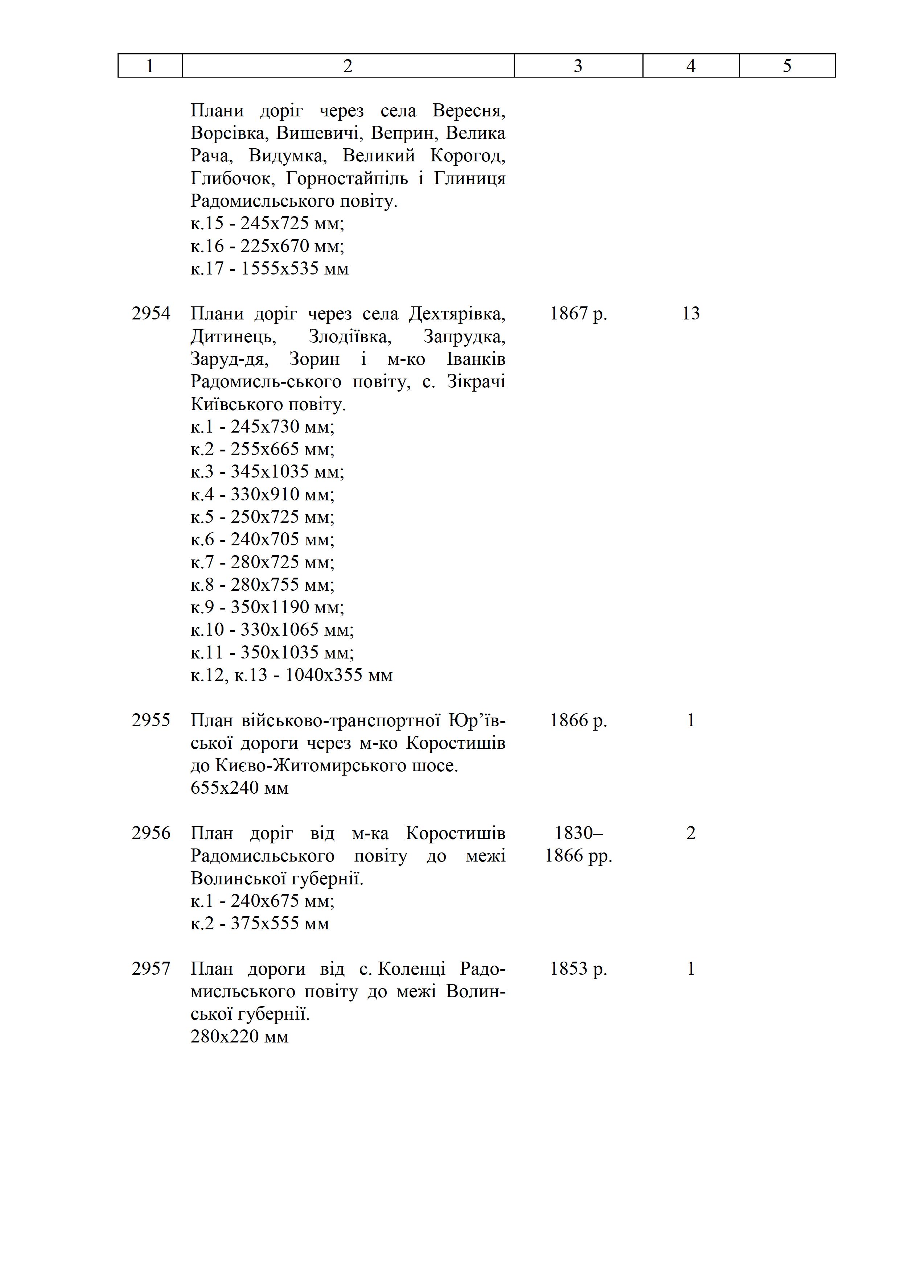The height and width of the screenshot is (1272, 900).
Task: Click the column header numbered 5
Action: tap(787, 66)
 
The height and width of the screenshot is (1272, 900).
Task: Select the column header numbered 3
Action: tap(578, 66)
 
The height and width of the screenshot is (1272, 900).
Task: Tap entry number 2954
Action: tap(151, 314)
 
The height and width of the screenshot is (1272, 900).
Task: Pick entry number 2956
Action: tap(151, 833)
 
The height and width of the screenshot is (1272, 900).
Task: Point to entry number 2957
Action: tap(151, 969)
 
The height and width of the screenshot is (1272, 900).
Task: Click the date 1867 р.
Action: tap(578, 314)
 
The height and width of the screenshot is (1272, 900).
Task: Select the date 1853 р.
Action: tap(578, 969)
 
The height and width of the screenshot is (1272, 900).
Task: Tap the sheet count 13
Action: tap(691, 314)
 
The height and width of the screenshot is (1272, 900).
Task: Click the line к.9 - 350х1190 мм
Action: tap(267, 607)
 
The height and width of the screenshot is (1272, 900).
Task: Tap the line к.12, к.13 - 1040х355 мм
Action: tap(292, 675)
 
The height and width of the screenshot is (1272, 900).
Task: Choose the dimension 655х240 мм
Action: tap(239, 788)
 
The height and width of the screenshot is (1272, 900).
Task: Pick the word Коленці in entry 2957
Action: tap(411, 969)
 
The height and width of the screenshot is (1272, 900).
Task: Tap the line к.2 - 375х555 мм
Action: tap(260, 924)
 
